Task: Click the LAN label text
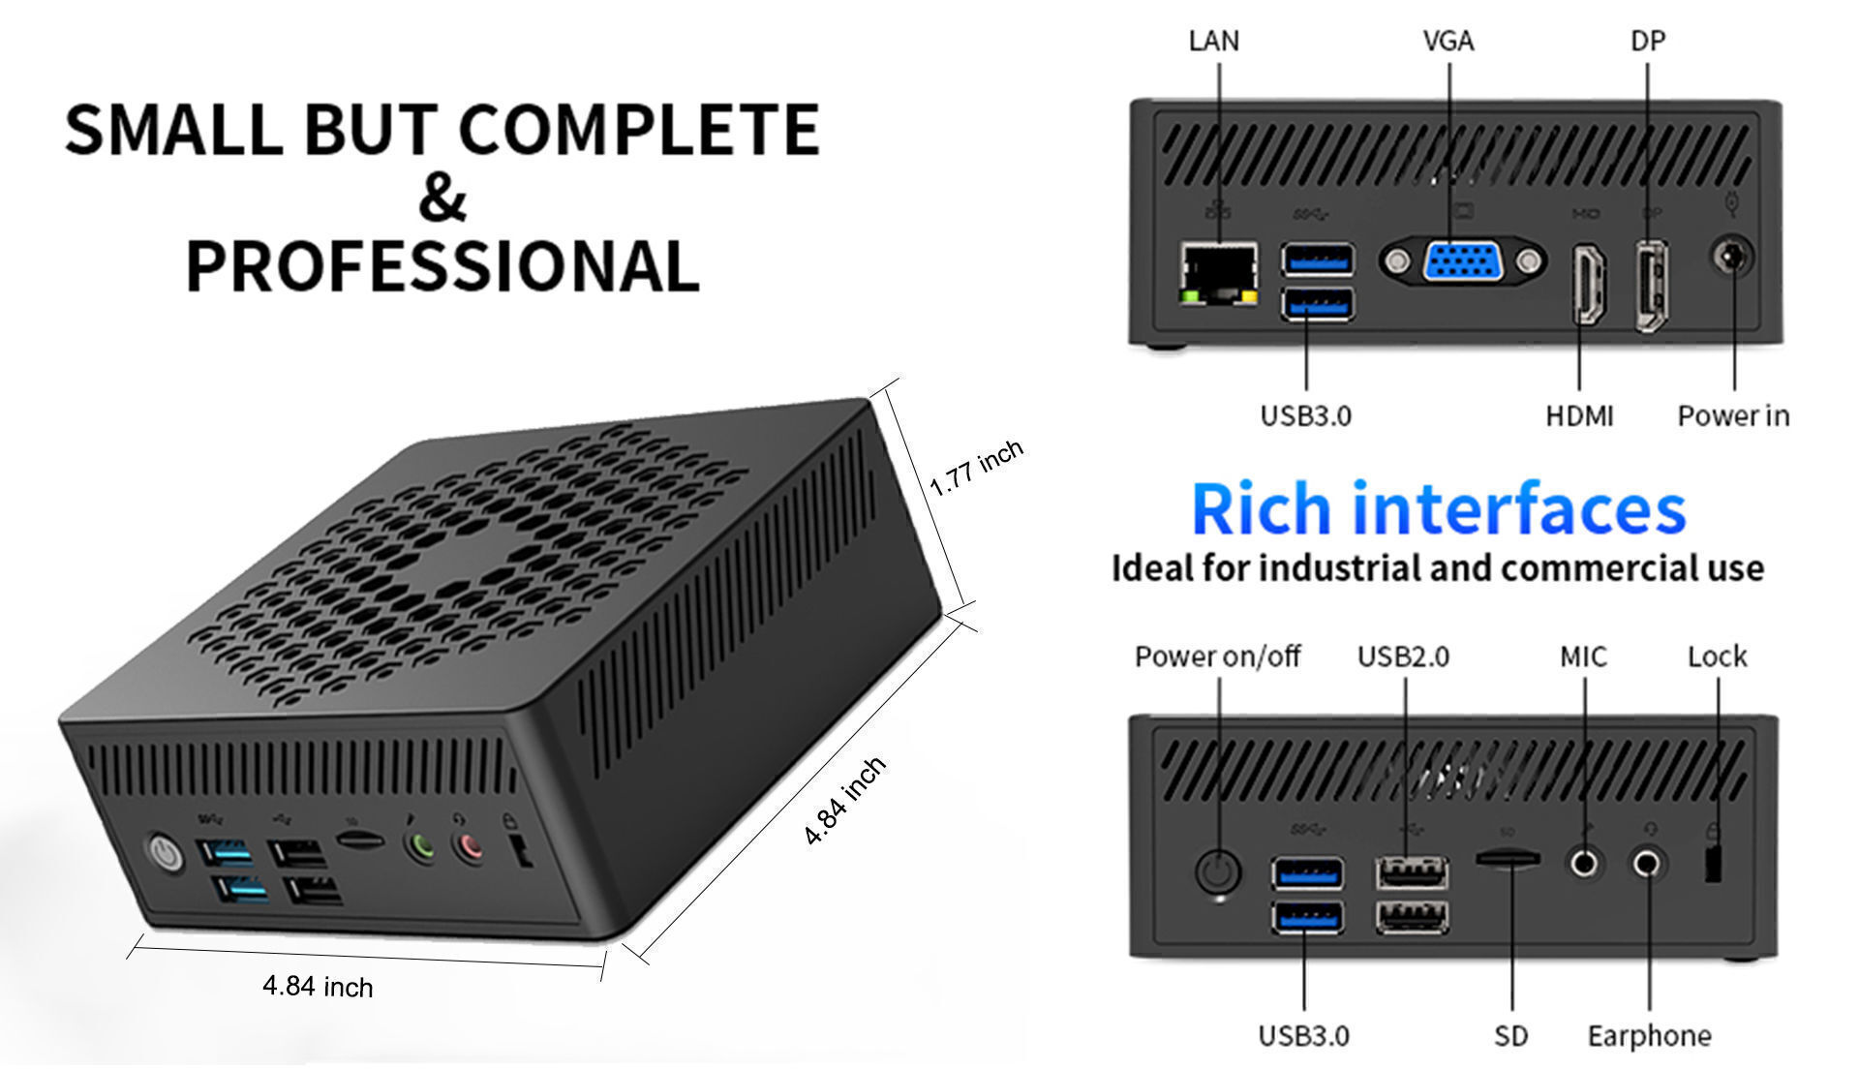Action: pyautogui.click(x=1213, y=41)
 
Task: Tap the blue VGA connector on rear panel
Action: pyautogui.click(x=1462, y=261)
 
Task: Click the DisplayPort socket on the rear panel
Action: pyautogui.click(x=1651, y=286)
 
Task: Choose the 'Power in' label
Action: pyautogui.click(x=1733, y=415)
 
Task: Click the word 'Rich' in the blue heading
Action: pyautogui.click(x=1261, y=509)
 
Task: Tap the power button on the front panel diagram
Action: pyautogui.click(x=1218, y=870)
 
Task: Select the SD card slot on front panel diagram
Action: pyautogui.click(x=1509, y=858)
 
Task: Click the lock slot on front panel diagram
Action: pyautogui.click(x=1713, y=864)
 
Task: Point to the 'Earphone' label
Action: pyautogui.click(x=1649, y=1036)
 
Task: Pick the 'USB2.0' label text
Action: pyautogui.click(x=1403, y=657)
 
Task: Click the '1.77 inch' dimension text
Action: pyautogui.click(x=975, y=468)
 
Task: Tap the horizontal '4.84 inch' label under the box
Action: pyautogui.click(x=318, y=987)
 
